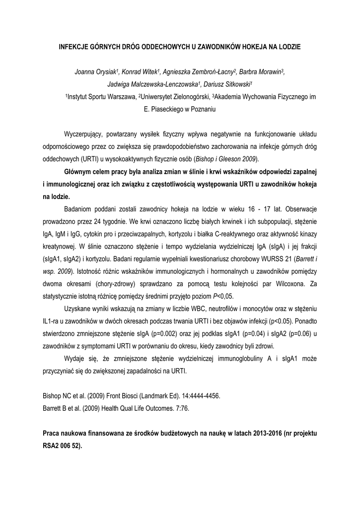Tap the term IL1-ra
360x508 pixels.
(51, 321)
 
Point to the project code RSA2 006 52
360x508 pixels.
(63, 445)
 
